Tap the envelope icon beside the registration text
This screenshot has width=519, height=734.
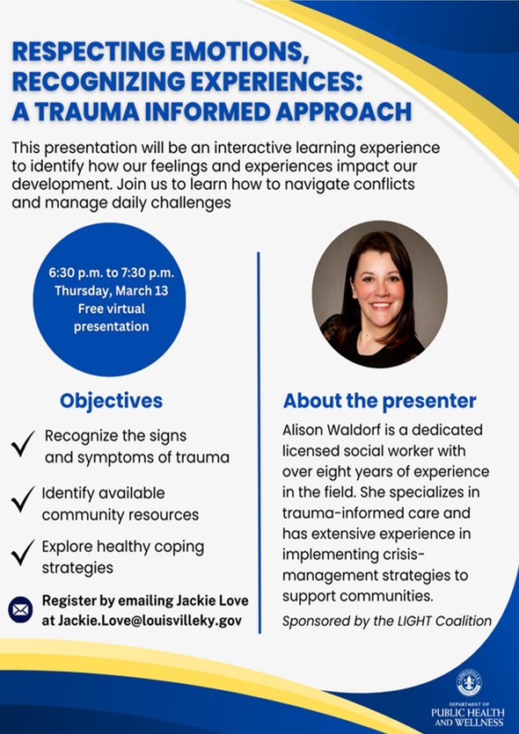pyautogui.click(x=20, y=610)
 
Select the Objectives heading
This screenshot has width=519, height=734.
pyautogui.click(x=112, y=401)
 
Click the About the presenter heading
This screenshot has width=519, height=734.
pyautogui.click(x=380, y=401)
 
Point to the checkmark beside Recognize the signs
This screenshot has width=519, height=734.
pyautogui.click(x=23, y=443)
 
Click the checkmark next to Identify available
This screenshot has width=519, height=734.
pyautogui.click(x=23, y=498)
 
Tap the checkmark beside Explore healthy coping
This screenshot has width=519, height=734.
pyautogui.click(x=23, y=552)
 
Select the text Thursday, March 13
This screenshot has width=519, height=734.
pyautogui.click(x=112, y=291)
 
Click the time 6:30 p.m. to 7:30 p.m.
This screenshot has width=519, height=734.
pyautogui.click(x=112, y=273)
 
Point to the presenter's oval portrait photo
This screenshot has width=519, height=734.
pyautogui.click(x=380, y=294)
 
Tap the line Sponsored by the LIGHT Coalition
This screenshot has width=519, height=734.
pyautogui.click(x=387, y=621)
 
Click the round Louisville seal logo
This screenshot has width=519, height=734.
pyautogui.click(x=470, y=682)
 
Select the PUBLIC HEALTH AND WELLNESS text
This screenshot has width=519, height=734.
pyautogui.click(x=468, y=716)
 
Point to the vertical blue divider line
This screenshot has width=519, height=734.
pyautogui.click(x=259, y=443)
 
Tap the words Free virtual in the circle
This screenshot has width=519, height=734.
pyautogui.click(x=112, y=309)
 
